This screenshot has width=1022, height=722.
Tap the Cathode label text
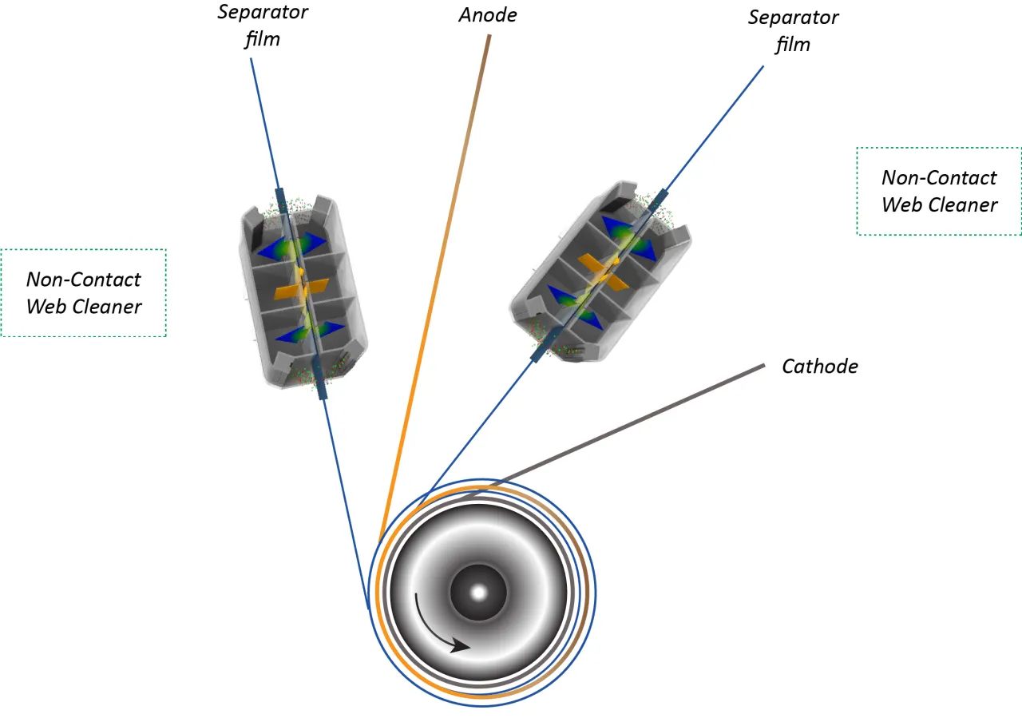click(819, 367)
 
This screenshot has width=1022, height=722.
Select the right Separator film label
click(793, 30)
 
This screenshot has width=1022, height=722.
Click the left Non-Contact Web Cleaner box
click(84, 292)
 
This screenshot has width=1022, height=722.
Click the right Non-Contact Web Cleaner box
click(939, 191)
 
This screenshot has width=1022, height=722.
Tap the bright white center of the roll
click(478, 593)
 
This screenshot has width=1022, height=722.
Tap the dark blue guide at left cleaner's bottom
click(321, 385)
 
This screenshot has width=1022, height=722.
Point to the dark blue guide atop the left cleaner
click(281, 200)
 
